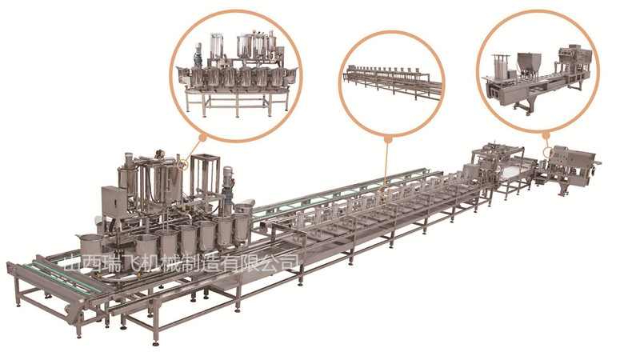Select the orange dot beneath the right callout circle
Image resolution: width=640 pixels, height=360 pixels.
(x=546, y=133)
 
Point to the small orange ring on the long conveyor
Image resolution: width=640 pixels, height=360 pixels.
(x=385, y=191)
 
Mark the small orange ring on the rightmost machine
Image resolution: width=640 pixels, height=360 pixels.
(x=548, y=153)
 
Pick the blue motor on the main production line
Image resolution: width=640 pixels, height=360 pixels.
(x=227, y=188)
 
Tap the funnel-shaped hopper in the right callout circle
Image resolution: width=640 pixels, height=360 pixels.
(x=530, y=62)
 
